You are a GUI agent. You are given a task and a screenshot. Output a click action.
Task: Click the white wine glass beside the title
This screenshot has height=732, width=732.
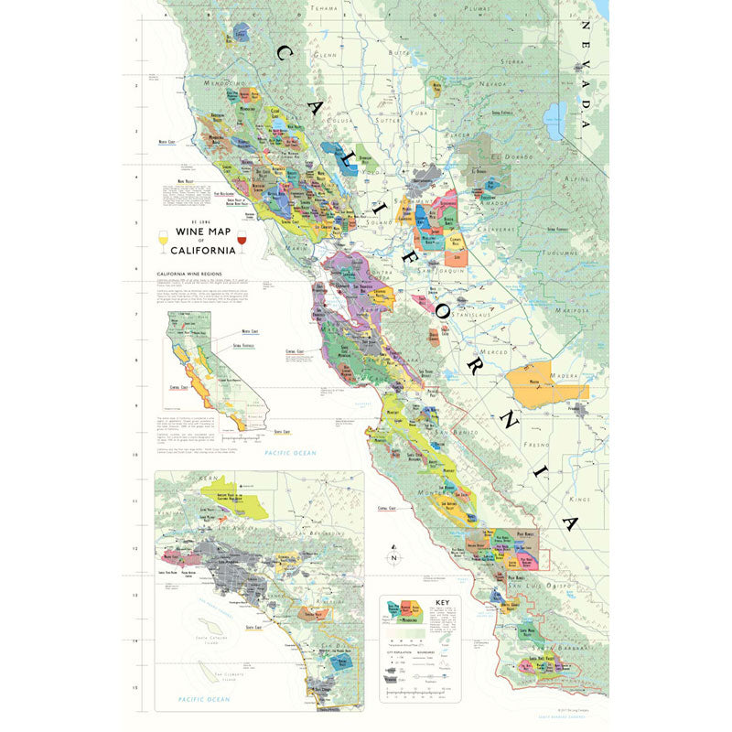(x=164, y=242)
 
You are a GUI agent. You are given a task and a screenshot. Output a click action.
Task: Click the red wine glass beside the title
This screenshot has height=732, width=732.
(x=242, y=242)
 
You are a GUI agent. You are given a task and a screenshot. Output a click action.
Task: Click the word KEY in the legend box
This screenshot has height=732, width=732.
(x=443, y=603)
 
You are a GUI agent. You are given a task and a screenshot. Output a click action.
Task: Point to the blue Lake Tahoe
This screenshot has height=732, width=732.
(x=554, y=119)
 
